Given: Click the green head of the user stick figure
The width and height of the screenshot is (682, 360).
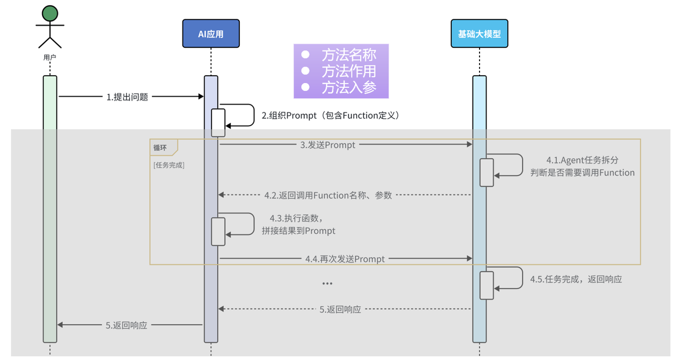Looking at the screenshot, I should tap(50, 13).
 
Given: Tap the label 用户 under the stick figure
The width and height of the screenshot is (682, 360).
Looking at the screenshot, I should tap(50, 56).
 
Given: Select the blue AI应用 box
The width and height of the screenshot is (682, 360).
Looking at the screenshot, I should tap(211, 34).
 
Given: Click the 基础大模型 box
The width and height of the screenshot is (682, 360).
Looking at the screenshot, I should tap(479, 34).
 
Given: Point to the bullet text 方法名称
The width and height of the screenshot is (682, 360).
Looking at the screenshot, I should tap(348, 55).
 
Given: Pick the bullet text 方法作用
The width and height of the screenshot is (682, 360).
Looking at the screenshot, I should tap(348, 71).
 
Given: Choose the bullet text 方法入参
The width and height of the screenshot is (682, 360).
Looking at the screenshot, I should tap(348, 87).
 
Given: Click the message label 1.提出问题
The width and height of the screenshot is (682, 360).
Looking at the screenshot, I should tap(127, 97).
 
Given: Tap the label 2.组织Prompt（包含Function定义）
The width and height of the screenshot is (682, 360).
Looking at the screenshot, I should tap(330, 116).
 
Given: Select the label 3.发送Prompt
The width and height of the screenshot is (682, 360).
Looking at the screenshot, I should tap(328, 145).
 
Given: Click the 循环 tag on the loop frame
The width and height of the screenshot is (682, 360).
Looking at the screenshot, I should tap(160, 148).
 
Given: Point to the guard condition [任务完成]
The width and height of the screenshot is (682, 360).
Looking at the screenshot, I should tap(168, 165).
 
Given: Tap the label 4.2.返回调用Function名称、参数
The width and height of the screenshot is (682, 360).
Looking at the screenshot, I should tap(328, 195).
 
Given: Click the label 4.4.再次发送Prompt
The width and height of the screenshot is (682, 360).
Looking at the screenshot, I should tap(345, 259).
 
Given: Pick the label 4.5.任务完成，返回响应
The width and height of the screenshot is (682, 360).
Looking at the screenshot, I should tap(575, 279).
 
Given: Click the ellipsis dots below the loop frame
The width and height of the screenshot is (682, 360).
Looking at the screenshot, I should tap(327, 284).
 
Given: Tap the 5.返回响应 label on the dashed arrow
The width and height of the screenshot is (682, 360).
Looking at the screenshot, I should tap(340, 309).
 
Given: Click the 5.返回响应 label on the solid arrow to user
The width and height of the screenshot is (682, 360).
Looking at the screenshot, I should tap(126, 325).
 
